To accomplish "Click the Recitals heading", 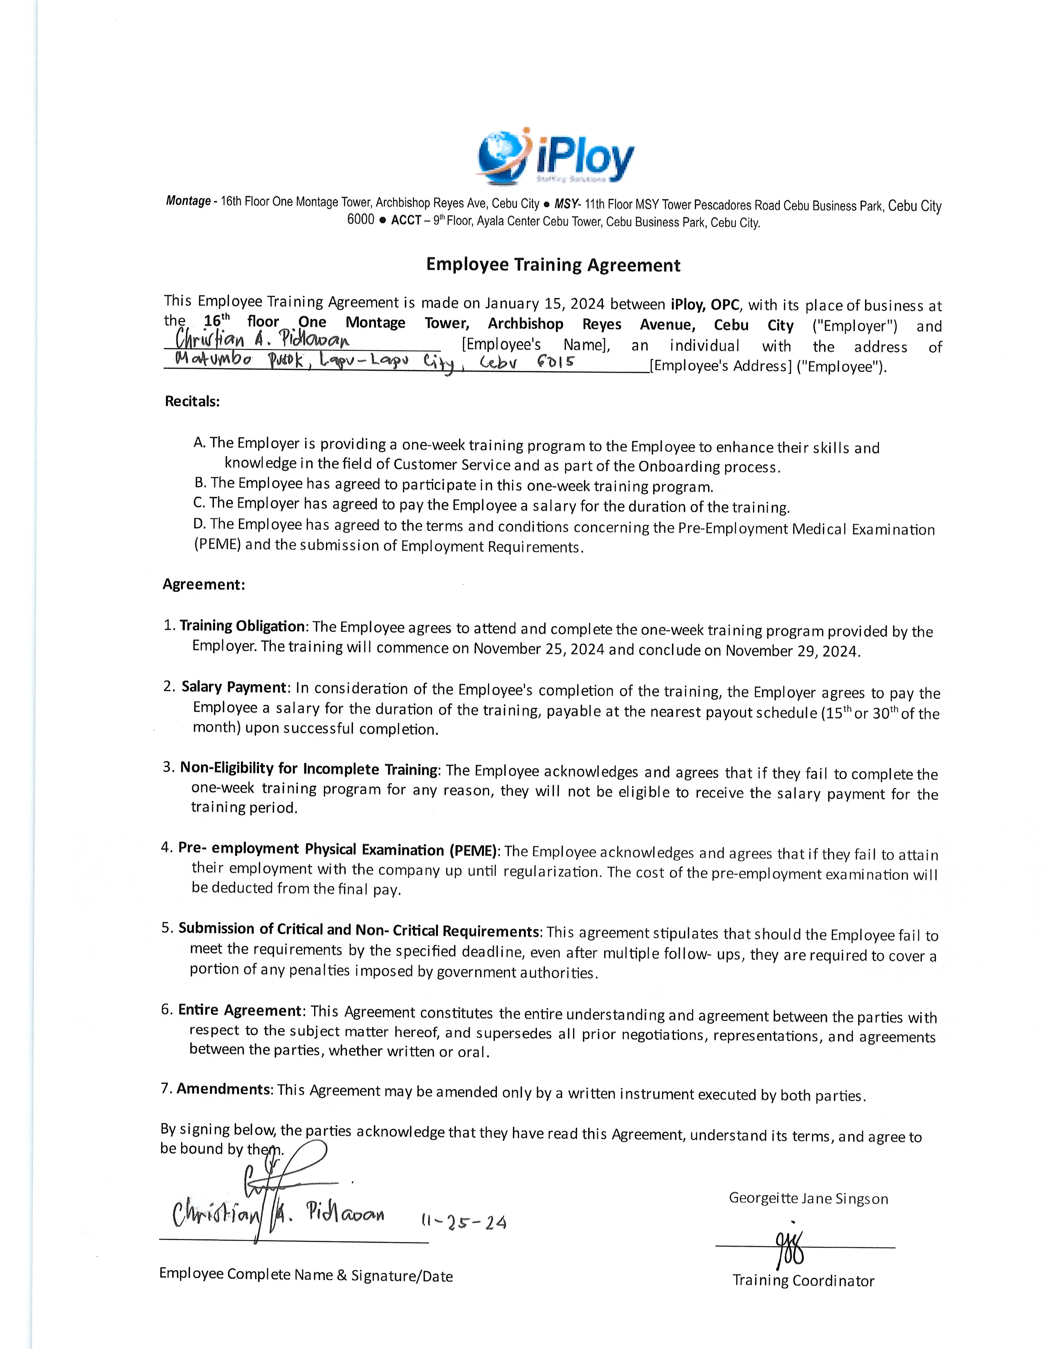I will pos(192,401).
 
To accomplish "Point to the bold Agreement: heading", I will pos(204,584).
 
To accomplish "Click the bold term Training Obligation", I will pos(242,626).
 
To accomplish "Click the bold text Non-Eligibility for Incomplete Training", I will pos(309,769).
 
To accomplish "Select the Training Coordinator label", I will pos(803,1280).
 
